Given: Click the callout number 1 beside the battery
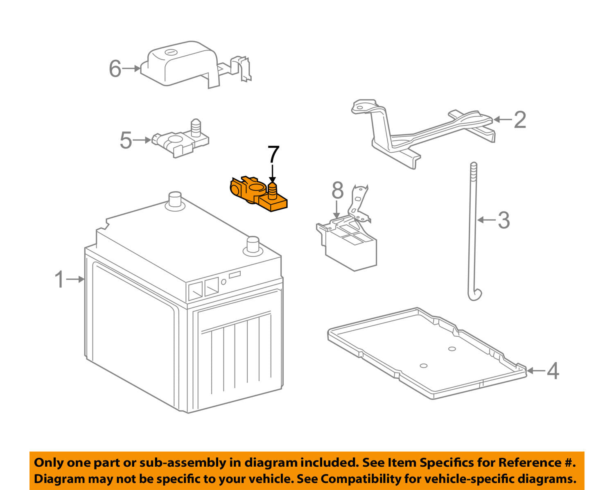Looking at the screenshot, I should [x=60, y=280].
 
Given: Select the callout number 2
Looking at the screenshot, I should [x=519, y=120].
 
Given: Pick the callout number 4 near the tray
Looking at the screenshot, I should [x=553, y=371].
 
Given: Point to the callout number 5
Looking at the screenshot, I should [x=126, y=140].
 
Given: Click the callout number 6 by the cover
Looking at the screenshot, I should [x=115, y=68].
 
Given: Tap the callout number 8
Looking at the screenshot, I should [x=337, y=190].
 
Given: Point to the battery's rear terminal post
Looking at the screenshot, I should [x=175, y=199].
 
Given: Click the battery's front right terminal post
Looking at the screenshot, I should [x=253, y=245].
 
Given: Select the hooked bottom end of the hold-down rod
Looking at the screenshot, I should [x=475, y=295].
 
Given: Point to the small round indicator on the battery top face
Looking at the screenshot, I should [x=223, y=282].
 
